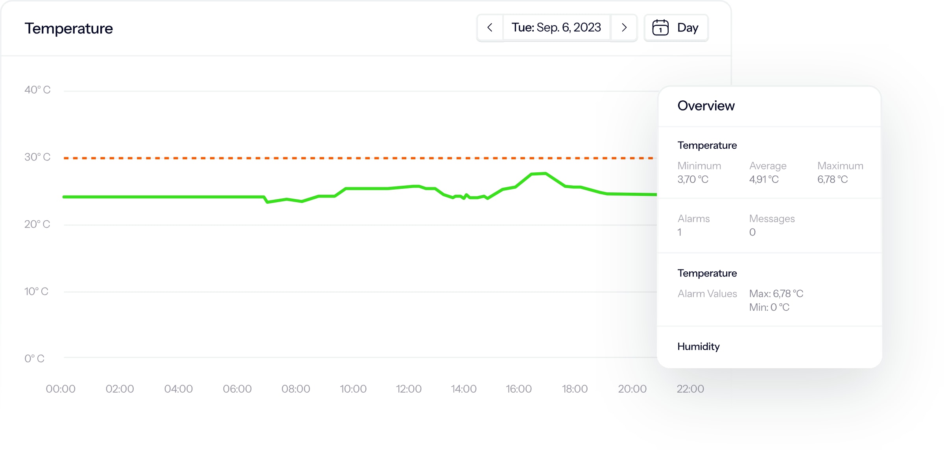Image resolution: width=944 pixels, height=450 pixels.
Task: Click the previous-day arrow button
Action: [490, 28]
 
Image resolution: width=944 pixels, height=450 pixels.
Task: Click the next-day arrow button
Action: [624, 28]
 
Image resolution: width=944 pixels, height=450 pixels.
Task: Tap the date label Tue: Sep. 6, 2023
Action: [556, 28]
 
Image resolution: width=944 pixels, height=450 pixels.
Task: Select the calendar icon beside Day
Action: [660, 28]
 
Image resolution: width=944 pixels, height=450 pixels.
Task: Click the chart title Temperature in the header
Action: [69, 28]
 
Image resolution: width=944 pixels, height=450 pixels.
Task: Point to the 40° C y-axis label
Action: [37, 90]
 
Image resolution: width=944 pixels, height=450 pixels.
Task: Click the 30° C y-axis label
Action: [37, 157]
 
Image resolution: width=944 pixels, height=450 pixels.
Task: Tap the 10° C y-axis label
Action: [36, 291]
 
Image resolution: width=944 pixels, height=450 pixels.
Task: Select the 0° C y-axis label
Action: [35, 358]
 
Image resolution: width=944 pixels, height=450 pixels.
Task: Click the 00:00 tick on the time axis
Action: [61, 389]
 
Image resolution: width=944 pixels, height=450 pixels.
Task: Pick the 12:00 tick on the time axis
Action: [409, 389]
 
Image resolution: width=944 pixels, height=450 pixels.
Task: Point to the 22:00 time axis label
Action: [690, 389]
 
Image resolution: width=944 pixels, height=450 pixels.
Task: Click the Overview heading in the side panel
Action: [706, 106]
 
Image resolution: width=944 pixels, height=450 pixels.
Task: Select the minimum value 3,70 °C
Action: [693, 179]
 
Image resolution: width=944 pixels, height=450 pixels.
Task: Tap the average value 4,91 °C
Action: [764, 179]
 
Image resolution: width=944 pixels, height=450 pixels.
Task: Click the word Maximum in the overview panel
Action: [840, 166]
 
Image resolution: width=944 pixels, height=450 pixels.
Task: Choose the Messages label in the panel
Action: [772, 219]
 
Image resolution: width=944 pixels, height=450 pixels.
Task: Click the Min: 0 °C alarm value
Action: [769, 307]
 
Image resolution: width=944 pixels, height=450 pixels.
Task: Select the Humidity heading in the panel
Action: [699, 347]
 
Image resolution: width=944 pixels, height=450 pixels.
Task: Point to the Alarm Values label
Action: [707, 294]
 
